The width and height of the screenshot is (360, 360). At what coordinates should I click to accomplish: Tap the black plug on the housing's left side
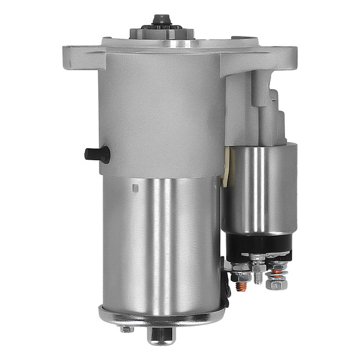point(97,154)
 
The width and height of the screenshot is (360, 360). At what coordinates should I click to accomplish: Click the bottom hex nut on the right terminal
point(277,283)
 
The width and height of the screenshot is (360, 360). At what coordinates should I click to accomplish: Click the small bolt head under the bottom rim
point(127,329)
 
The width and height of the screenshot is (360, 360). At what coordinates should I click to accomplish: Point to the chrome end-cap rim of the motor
point(161,315)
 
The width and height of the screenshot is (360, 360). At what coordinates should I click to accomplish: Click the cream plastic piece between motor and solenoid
point(226,168)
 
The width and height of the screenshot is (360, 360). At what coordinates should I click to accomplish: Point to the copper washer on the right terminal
point(276,271)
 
